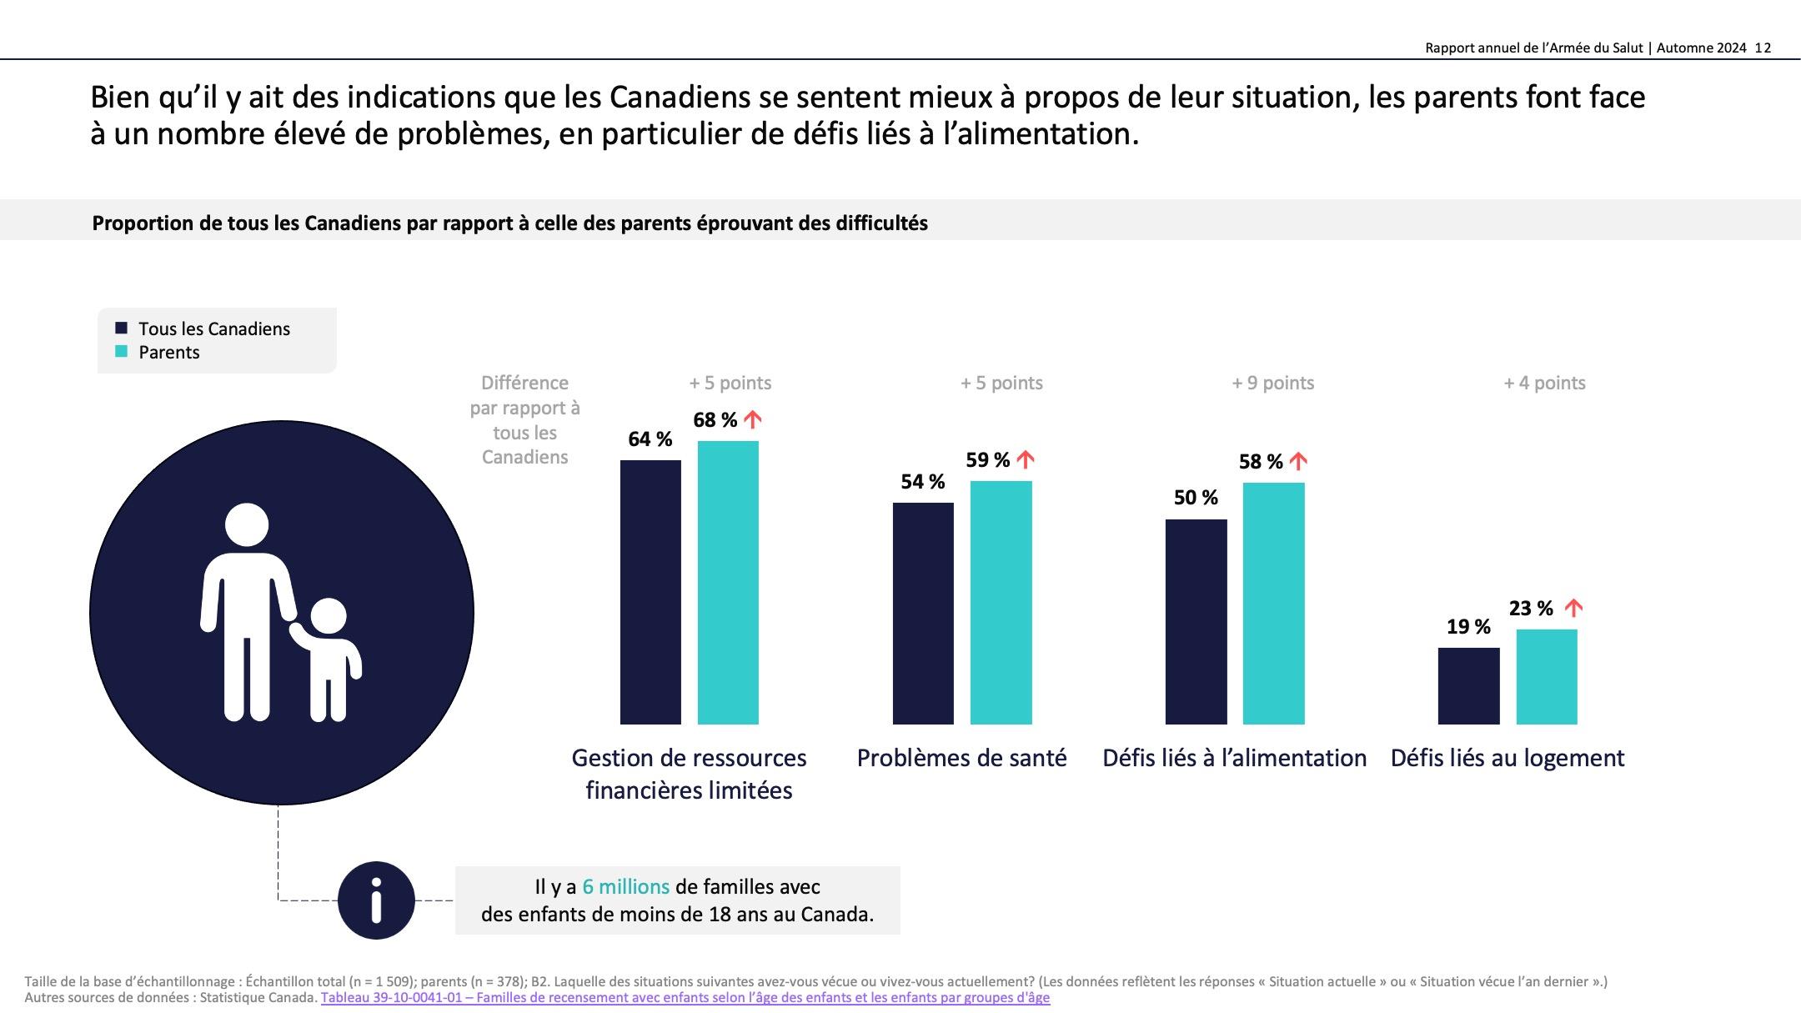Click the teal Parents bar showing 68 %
[x=728, y=582]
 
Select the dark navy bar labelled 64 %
[x=650, y=592]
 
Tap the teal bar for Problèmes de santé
[x=1001, y=602]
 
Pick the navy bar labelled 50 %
[x=1196, y=621]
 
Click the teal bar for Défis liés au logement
[x=1547, y=676]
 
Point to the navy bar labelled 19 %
[x=1468, y=685]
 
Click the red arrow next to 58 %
[x=1298, y=461]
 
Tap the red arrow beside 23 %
[x=1573, y=608]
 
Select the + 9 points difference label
[x=1272, y=384]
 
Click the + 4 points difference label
[x=1544, y=384]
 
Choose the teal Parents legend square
[x=122, y=352]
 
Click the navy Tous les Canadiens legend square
[x=122, y=328]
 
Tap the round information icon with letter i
[x=376, y=900]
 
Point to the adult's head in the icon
[x=247, y=526]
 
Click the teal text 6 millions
[x=625, y=887]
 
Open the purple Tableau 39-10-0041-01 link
[x=685, y=998]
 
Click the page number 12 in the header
[x=1763, y=48]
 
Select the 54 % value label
[x=922, y=482]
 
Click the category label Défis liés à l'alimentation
[x=1234, y=758]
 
